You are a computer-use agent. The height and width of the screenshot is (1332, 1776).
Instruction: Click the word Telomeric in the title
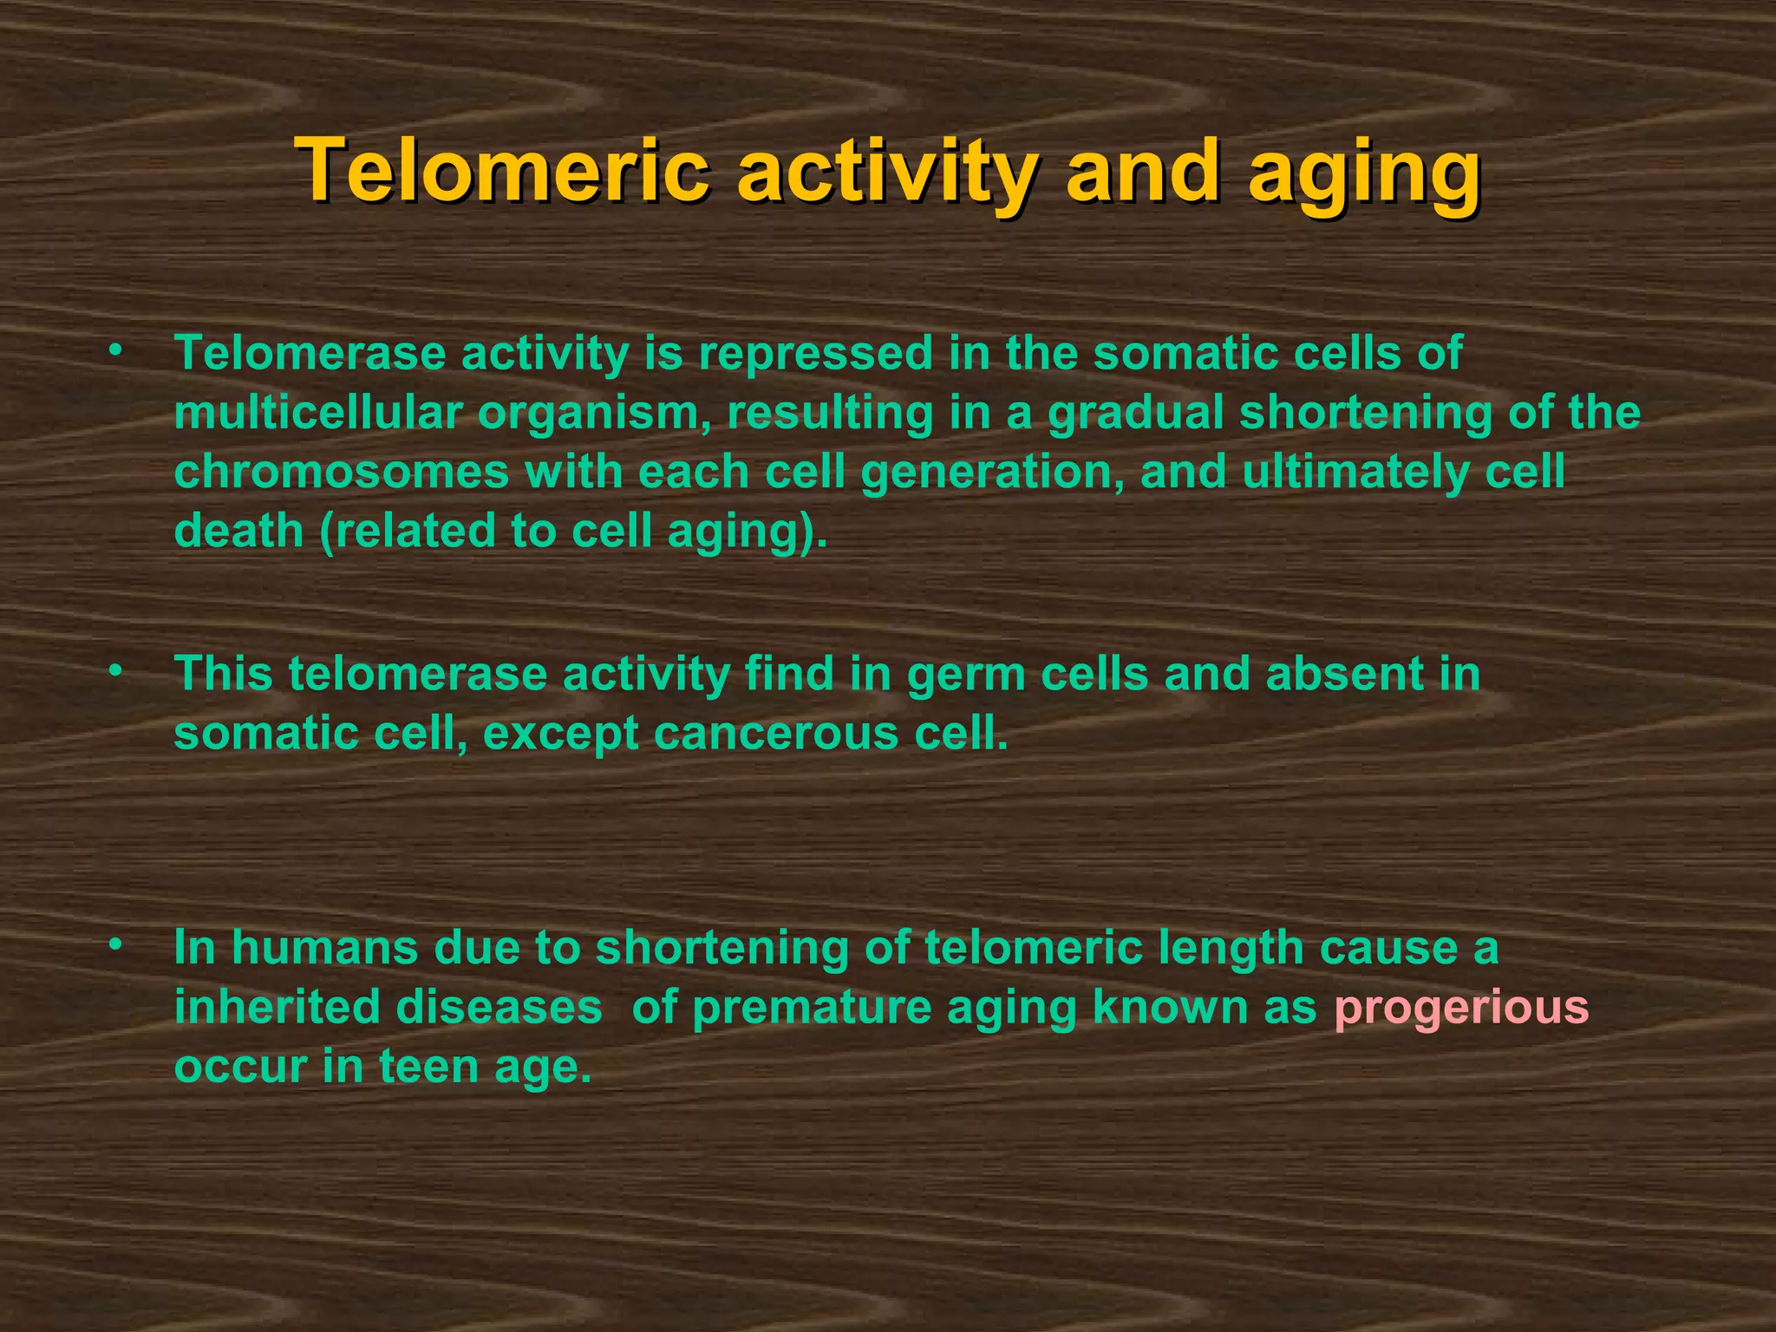click(501, 171)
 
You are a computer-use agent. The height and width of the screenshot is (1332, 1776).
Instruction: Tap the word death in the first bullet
click(238, 531)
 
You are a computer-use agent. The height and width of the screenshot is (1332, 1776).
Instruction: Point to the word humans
click(324, 948)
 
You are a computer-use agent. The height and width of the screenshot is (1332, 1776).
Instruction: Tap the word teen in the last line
click(428, 1067)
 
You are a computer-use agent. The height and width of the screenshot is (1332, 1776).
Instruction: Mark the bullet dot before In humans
click(114, 946)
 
